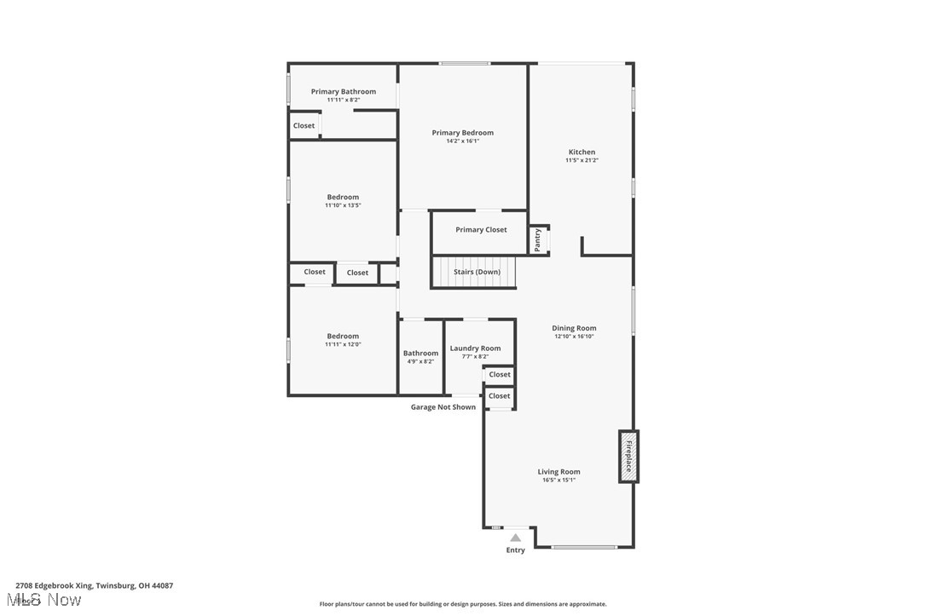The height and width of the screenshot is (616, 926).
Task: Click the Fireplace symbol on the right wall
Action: coord(628,457)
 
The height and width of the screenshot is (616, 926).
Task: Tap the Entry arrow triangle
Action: coord(515,538)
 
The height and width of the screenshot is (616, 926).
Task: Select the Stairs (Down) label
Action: coord(477,272)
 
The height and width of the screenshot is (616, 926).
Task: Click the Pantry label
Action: coord(537,239)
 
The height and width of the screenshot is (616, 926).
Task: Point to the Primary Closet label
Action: coord(481,230)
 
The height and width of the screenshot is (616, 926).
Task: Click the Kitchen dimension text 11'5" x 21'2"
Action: coord(582,160)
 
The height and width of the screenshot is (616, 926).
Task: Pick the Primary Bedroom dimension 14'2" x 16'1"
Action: coord(462,141)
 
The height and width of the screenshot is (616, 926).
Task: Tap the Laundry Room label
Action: coord(475,348)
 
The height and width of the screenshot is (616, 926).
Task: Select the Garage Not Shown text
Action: coord(443,407)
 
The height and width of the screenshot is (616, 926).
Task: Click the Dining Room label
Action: coord(574,328)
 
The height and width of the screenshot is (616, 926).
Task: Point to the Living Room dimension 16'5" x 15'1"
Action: coord(558,480)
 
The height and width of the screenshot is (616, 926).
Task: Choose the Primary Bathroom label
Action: coord(343,92)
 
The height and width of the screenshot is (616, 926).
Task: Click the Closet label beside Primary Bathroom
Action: coord(304,126)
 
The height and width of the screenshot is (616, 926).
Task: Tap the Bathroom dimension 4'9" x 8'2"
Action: coord(420,361)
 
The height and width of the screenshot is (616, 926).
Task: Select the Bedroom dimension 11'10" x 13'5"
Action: coord(343,205)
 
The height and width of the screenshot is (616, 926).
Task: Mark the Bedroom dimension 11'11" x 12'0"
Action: coord(343,344)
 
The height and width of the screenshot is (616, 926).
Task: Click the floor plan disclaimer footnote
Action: coord(463,604)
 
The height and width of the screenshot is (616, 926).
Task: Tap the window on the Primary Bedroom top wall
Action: coord(465,63)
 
